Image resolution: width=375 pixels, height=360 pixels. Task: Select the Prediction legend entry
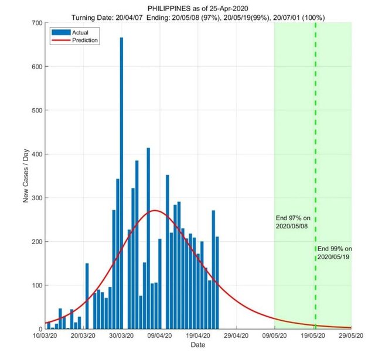pos(84,40)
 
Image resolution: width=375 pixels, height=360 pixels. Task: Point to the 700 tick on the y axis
pos(37,23)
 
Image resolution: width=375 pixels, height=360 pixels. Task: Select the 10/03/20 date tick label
pos(45,338)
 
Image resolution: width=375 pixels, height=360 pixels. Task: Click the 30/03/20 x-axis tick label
pos(121,338)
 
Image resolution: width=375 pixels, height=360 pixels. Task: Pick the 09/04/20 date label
pos(160,338)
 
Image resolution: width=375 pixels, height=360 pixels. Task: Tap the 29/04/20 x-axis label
pos(236,338)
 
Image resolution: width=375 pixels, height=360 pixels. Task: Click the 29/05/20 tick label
pos(351,338)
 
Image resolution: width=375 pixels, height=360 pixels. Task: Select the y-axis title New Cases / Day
pos(26,176)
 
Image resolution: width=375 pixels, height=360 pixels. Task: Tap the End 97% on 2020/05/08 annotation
pos(294,222)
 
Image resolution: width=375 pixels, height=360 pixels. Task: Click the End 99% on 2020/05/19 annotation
pos(335,252)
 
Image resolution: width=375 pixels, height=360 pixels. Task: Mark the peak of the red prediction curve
pos(155,211)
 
